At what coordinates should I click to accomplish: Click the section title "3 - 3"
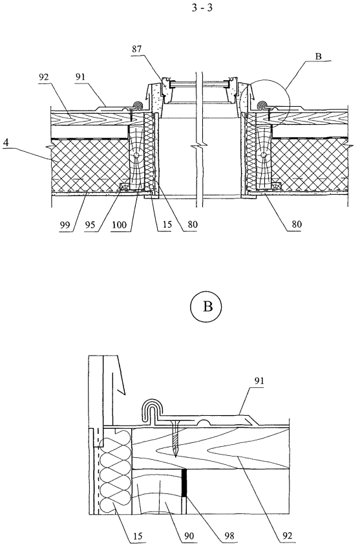pos(202,8)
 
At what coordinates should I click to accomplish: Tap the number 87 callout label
pos(137,48)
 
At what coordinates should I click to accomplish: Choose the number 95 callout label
pos(90,224)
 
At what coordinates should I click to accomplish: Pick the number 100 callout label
pos(119,224)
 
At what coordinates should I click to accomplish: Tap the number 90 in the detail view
pos(187,535)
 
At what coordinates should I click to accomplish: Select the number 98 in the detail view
pos(229,535)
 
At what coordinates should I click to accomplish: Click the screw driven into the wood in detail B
pos(175,438)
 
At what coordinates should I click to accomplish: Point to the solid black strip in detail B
pos(184,483)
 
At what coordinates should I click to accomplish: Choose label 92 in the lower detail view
pos(288,535)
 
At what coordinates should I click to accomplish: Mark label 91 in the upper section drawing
pos(81,77)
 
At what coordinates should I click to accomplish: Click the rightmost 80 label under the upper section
pos(297,224)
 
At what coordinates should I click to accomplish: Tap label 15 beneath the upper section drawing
pos(167,224)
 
